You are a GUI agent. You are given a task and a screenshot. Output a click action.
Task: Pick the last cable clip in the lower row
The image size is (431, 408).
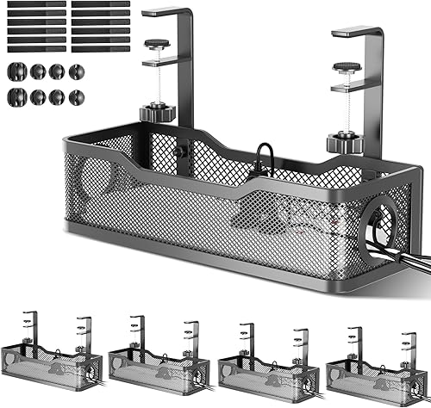76,96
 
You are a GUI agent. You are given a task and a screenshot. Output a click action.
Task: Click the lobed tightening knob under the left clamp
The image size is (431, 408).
156,112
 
